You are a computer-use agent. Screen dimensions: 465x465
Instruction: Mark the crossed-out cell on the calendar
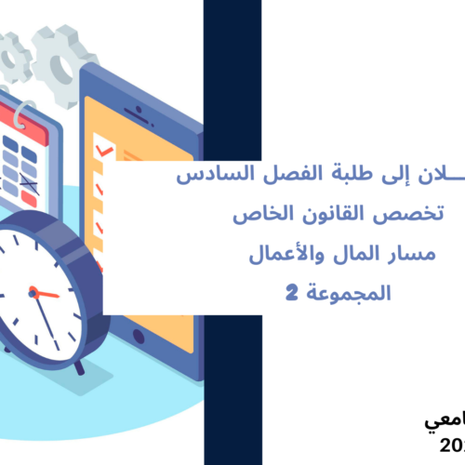[x=28, y=194]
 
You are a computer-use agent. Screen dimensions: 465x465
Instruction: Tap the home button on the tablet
[x=140, y=333]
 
